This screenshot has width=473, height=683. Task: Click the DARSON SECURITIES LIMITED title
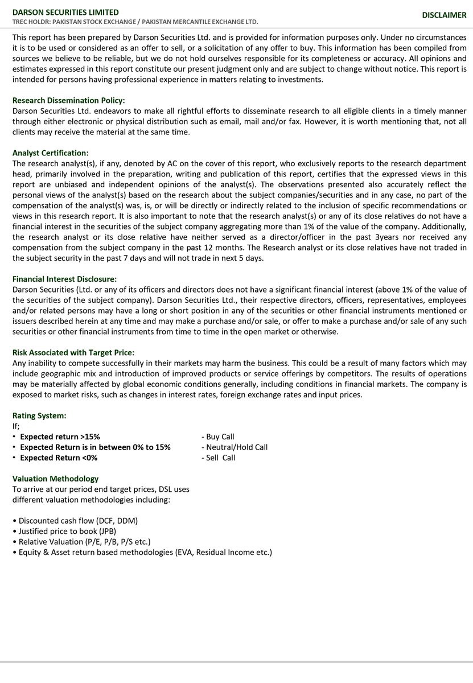pos(66,12)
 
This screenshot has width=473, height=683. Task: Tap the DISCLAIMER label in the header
pos(444,15)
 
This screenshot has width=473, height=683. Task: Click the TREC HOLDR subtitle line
pos(135,22)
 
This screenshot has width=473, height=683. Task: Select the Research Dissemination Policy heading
pos(68,100)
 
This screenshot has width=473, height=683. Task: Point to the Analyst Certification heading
pos(51,153)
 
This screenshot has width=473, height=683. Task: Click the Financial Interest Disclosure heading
pos(64,279)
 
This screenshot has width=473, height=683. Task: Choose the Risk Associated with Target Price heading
pos(73,352)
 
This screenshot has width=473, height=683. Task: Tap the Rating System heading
pos(39,415)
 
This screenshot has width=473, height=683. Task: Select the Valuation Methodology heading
pos(55,479)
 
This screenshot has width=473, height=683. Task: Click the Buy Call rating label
pos(217,437)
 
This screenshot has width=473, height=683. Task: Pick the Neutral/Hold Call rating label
pos(234,447)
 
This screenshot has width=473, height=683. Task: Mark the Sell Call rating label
pos(218,458)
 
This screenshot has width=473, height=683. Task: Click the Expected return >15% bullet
pos(60,437)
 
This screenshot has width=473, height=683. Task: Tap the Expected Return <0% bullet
pos(59,458)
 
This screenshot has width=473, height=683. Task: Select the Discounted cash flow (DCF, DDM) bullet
pos(78,521)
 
